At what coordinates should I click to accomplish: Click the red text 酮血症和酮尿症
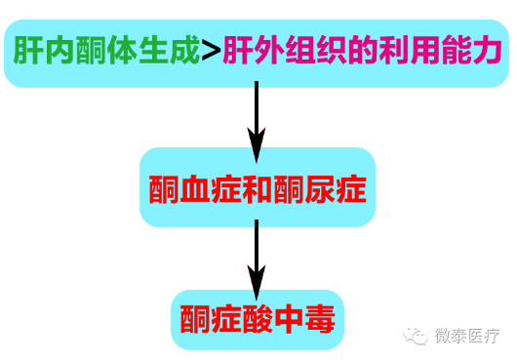(258, 188)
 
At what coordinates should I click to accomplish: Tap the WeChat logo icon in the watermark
(418, 335)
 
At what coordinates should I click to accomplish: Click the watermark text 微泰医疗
(467, 335)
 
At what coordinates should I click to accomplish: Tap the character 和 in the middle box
(258, 188)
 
